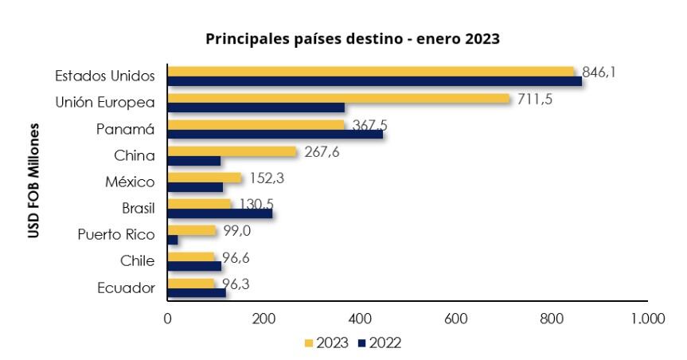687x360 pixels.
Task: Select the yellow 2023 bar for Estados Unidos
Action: point(370,72)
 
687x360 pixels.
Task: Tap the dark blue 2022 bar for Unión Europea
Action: point(256,108)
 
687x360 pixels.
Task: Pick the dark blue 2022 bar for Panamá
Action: point(275,134)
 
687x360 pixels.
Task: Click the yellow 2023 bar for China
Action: point(232,151)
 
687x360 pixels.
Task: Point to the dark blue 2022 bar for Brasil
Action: point(220,213)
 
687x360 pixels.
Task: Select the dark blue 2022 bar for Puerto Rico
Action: point(173,240)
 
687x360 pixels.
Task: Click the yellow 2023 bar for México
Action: point(204,178)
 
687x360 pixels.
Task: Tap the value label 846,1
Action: point(600,72)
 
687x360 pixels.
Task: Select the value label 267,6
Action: point(322,152)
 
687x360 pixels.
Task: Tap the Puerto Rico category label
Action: point(116,235)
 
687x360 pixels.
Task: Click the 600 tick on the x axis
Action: point(455,319)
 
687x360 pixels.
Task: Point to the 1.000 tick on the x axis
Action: point(647,319)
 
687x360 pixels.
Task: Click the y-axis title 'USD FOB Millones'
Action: point(35,180)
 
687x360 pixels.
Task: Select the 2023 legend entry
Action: point(326,343)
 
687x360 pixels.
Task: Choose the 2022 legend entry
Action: point(380,343)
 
